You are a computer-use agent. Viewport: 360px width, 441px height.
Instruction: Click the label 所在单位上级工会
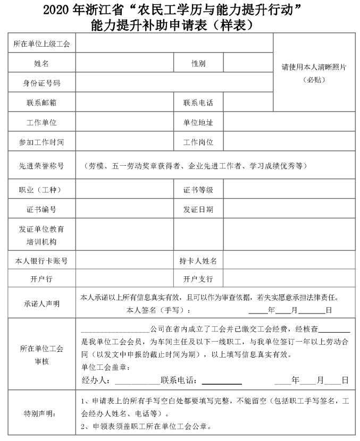(x=41, y=44)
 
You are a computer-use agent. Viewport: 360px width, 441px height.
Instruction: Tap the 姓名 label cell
(x=41, y=64)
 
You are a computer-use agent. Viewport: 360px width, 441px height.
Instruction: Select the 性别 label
(x=198, y=64)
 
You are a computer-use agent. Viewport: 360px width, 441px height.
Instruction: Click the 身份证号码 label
(x=41, y=83)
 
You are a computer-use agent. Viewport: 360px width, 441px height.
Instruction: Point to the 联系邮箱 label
(x=41, y=103)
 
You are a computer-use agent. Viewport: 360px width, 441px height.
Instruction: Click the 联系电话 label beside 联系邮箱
(x=198, y=103)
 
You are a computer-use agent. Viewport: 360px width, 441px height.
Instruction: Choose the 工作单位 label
(x=41, y=122)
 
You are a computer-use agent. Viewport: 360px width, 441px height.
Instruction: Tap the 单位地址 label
(x=198, y=122)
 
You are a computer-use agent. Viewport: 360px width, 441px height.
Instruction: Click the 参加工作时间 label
(x=41, y=142)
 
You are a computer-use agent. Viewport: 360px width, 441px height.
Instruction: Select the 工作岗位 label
(x=198, y=142)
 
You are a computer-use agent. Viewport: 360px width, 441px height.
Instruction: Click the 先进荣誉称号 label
(x=41, y=166)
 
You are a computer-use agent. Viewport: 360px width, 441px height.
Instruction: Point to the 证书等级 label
(x=198, y=190)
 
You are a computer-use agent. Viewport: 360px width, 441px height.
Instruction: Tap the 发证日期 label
(x=198, y=209)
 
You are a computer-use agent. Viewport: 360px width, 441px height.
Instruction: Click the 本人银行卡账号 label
(x=41, y=261)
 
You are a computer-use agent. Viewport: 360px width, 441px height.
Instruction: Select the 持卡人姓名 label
(x=198, y=261)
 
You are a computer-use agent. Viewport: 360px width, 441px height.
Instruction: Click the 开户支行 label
(x=198, y=279)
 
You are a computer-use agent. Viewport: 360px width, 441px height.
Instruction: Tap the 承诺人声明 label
(x=41, y=303)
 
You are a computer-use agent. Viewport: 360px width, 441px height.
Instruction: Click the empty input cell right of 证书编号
(x=124, y=209)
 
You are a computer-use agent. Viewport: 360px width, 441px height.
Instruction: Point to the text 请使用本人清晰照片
(x=314, y=67)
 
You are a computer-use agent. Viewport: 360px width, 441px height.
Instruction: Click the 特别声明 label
(x=41, y=413)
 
